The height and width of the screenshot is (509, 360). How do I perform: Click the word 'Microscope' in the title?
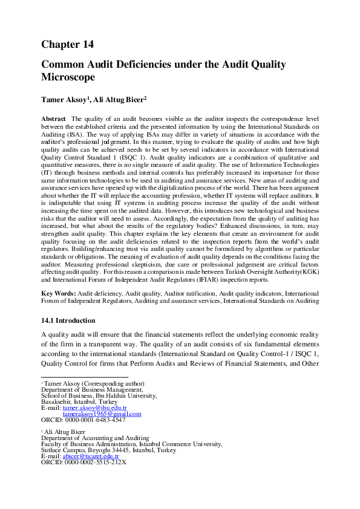point(68,77)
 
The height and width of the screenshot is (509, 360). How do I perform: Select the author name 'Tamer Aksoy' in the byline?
point(64,99)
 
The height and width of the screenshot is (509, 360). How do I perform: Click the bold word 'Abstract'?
point(53,119)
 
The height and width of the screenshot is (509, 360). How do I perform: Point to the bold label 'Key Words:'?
point(58,293)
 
